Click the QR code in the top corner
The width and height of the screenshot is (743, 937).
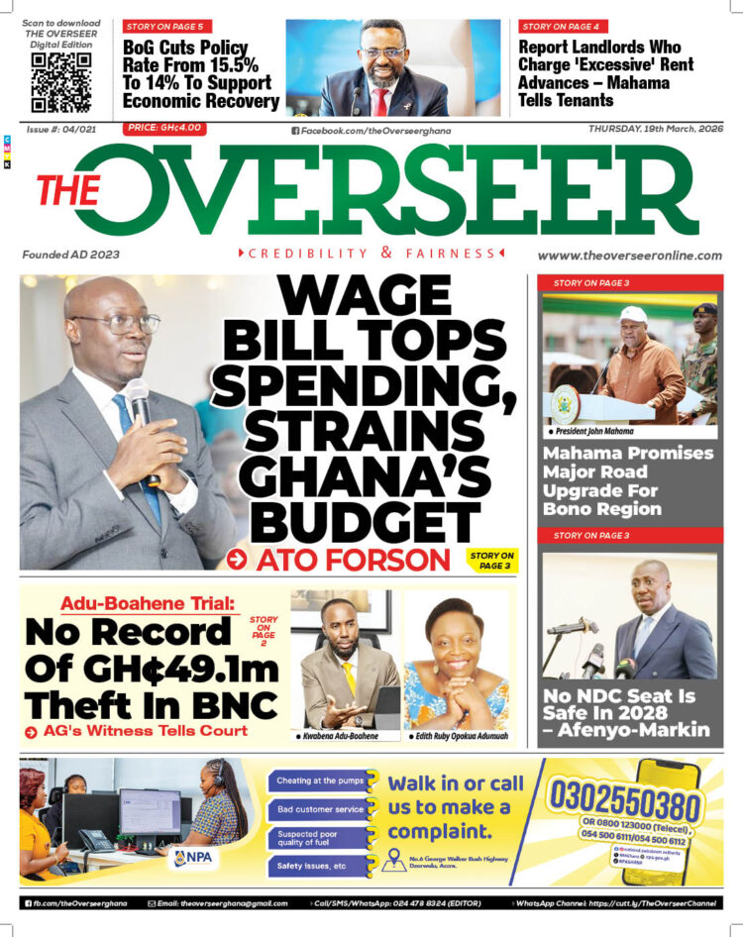[x=61, y=82]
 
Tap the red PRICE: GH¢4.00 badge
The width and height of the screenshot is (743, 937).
[x=163, y=129]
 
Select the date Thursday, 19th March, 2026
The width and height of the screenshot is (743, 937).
[x=655, y=129]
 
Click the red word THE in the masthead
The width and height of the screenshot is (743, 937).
[x=68, y=191]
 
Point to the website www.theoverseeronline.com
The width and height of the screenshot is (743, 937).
[x=630, y=255]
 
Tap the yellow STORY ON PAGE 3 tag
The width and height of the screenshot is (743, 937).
[x=492, y=561]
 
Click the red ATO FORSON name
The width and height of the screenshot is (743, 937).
[x=353, y=560]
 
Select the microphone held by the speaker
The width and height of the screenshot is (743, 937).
[x=138, y=401]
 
